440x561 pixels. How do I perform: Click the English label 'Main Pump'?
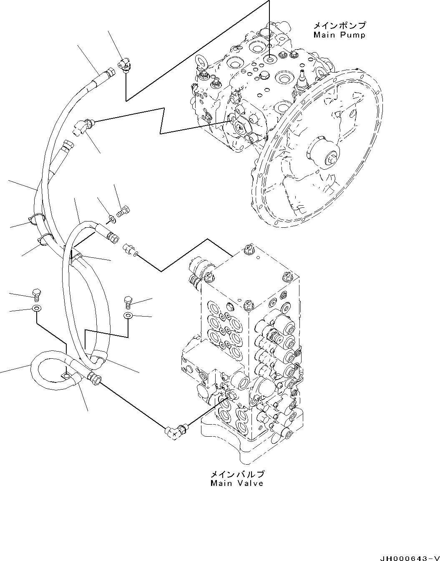(339, 35)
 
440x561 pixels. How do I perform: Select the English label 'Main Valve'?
(236, 483)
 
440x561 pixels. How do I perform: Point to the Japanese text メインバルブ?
(236, 474)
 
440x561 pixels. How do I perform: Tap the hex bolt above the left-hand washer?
(36, 294)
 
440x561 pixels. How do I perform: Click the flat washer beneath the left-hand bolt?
(36, 309)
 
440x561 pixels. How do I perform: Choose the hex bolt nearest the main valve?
(128, 301)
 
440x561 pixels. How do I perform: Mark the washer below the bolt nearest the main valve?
(128, 316)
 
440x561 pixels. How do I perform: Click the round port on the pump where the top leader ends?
(270, 60)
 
